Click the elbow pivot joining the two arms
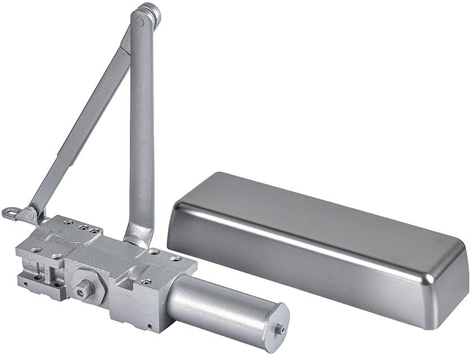146,17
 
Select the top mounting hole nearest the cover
175,259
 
